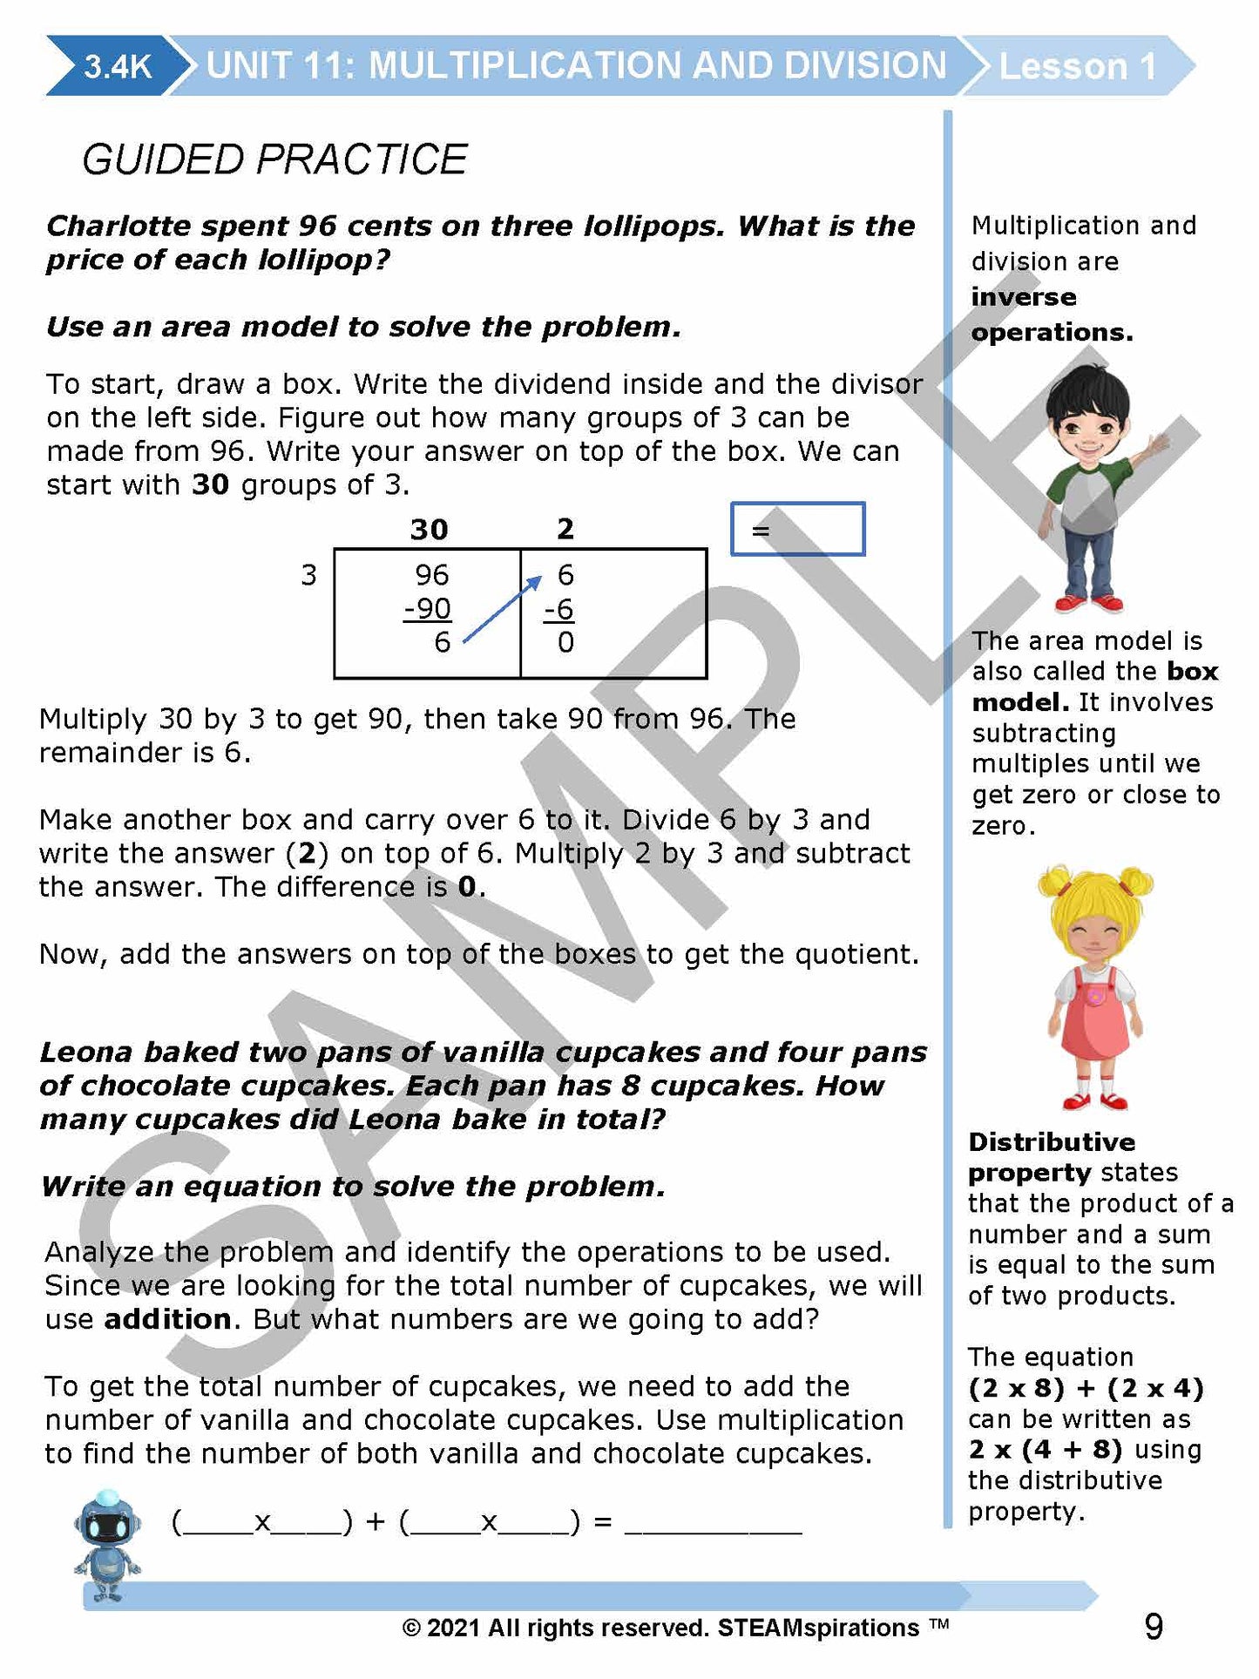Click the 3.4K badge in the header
[117, 66]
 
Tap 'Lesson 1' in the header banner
[1077, 66]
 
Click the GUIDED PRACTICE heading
[274, 159]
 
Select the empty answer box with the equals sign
[797, 529]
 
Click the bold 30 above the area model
[429, 529]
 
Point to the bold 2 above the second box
[565, 529]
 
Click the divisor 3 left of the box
[308, 575]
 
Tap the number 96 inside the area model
[432, 575]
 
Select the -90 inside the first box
[428, 608]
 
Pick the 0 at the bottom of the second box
[566, 643]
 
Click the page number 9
[1153, 1627]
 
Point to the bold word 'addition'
[168, 1319]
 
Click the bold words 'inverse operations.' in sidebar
[1051, 315]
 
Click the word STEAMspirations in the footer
[818, 1628]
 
